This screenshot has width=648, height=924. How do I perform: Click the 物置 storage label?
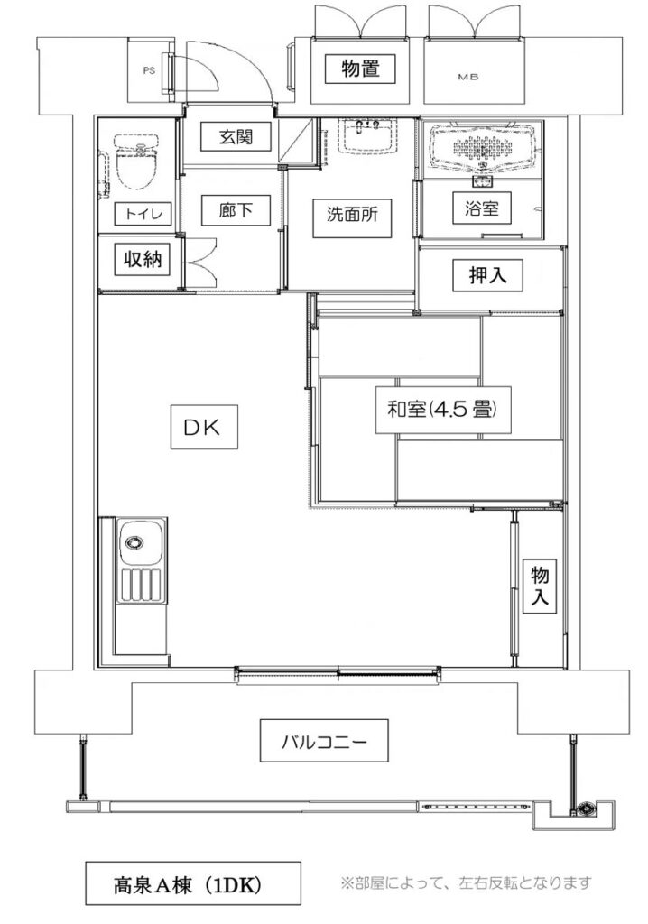pyautogui.click(x=360, y=69)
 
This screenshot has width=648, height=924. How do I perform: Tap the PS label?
pyautogui.click(x=149, y=70)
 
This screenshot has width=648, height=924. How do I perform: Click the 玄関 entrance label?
pyautogui.click(x=236, y=137)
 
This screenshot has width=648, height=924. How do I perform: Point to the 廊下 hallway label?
pyautogui.click(x=236, y=209)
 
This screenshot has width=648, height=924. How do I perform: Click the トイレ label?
pyautogui.click(x=142, y=213)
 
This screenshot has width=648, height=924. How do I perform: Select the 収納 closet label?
pyautogui.click(x=142, y=259)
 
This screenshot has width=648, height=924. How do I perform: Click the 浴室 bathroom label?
pyautogui.click(x=481, y=208)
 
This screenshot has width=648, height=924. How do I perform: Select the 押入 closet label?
pyautogui.click(x=487, y=275)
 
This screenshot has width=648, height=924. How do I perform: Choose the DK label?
pyautogui.click(x=204, y=427)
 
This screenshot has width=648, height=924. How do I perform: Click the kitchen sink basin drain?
pyautogui.click(x=134, y=542)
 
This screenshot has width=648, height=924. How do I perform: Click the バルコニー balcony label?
pyautogui.click(x=324, y=740)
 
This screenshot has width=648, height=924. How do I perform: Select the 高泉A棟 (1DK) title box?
pyautogui.click(x=193, y=883)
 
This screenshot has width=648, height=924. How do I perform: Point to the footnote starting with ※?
pyautogui.click(x=466, y=882)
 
